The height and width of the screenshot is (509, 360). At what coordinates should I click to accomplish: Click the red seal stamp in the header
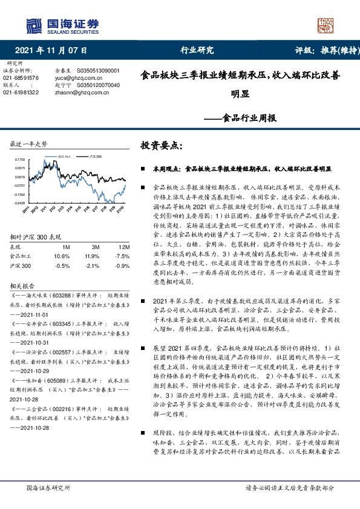click(326, 26)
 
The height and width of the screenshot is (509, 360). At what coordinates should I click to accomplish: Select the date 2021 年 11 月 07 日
click(51, 50)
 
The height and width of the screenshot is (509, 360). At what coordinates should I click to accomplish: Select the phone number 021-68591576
click(21, 78)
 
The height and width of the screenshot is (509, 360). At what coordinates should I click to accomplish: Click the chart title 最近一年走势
click(29, 144)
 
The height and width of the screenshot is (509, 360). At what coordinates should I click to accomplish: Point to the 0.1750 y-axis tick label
click(20, 158)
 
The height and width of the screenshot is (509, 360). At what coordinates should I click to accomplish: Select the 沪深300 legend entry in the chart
click(94, 156)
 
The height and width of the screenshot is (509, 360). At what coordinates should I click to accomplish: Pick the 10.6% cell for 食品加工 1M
click(62, 239)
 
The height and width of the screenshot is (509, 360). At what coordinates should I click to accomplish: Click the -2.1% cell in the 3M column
click(92, 248)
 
